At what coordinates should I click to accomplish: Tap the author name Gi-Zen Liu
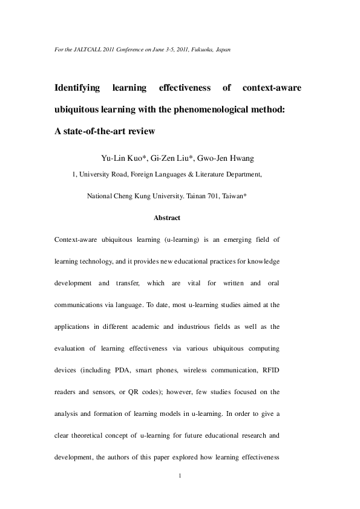click(x=175, y=158)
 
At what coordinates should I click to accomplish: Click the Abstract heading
click(x=167, y=218)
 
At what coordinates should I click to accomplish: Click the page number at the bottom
click(x=180, y=476)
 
